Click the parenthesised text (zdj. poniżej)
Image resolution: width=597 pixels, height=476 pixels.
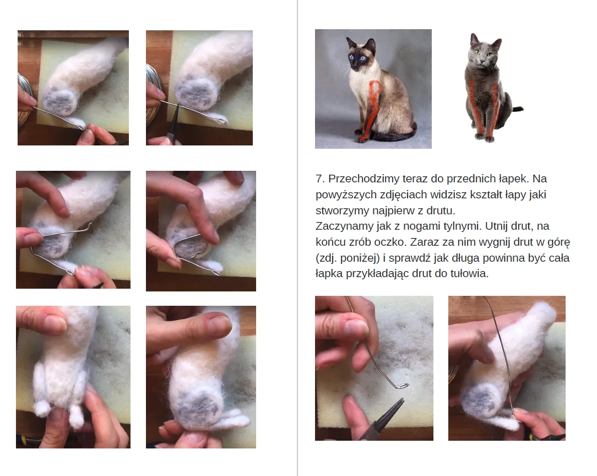point(348,258)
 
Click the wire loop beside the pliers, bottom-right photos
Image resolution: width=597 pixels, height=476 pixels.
point(401,386)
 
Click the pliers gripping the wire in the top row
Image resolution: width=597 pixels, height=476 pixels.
point(174,122)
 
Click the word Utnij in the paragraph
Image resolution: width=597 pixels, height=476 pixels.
point(496,226)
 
